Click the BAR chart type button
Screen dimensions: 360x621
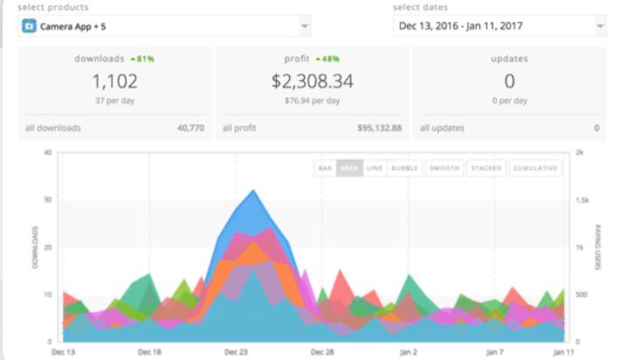[325, 167]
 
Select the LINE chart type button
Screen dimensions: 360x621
[375, 167]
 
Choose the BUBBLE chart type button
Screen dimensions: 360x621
[405, 167]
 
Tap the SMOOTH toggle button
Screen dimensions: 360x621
[444, 167]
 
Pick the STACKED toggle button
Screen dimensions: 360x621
[486, 167]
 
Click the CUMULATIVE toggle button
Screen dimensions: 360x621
[534, 167]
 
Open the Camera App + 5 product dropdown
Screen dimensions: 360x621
[165, 26]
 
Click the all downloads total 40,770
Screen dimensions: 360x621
[190, 128]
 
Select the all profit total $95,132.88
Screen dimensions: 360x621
[379, 128]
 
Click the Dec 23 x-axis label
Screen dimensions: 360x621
[236, 351]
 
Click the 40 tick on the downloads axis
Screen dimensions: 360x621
[47, 152]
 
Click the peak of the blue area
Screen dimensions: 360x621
[252, 190]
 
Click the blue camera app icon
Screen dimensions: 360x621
[29, 26]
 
